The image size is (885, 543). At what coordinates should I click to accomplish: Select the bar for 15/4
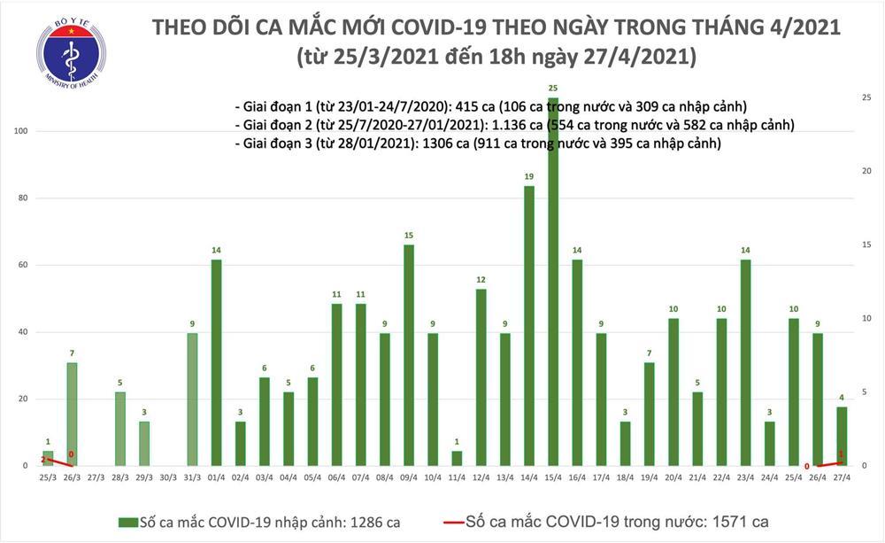tap(552, 283)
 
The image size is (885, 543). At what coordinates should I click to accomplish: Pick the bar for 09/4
tap(408, 354)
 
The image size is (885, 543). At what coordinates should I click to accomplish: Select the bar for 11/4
tap(457, 458)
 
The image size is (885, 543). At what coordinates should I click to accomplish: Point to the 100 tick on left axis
tap(19, 131)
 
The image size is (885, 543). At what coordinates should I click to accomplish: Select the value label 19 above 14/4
tap(528, 177)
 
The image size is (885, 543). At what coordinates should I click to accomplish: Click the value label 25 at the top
tap(552, 89)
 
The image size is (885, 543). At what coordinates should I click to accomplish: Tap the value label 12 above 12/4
tap(481, 280)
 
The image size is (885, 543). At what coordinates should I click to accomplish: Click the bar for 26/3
tap(72, 414)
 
